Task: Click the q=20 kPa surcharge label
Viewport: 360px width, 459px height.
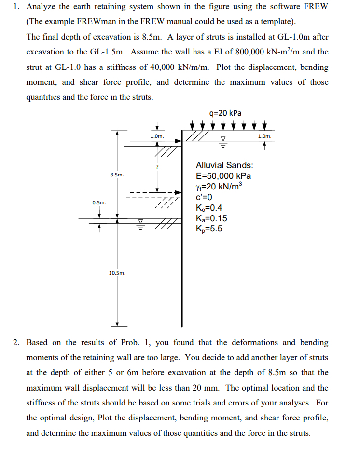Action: [x=226, y=113]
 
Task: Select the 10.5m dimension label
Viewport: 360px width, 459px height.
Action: [x=117, y=273]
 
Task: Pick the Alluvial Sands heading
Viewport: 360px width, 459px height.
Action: [x=224, y=165]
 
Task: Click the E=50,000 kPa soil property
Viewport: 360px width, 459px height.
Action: [x=223, y=176]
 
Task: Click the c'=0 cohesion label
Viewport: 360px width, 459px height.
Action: [x=205, y=197]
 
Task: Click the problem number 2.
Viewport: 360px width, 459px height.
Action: [x=16, y=343]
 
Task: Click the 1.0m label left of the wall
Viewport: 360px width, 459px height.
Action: [x=157, y=136]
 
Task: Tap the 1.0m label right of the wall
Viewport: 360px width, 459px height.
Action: [x=264, y=136]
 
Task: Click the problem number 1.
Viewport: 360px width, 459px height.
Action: [x=16, y=7]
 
